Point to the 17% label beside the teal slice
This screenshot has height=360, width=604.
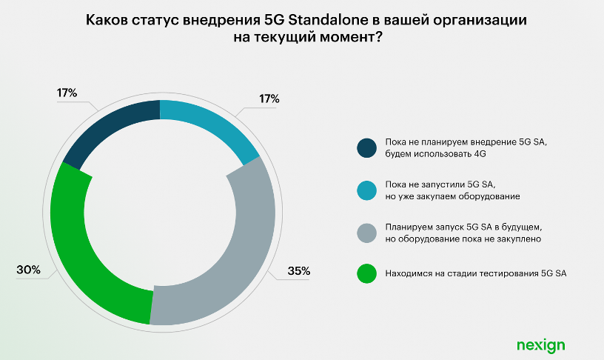coord(269,99)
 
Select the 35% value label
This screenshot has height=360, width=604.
coord(298,271)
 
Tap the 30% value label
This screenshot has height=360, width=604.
coord(28,270)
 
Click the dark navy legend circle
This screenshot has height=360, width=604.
coord(367,147)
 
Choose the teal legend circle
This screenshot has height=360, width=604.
coord(367,190)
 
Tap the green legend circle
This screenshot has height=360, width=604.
coord(367,274)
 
